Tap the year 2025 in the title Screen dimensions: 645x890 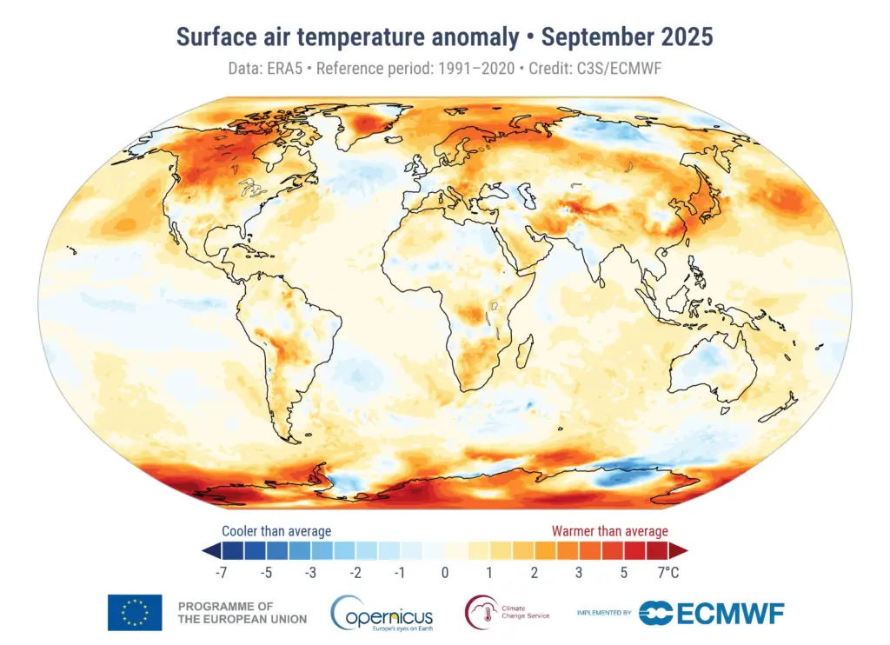click(683, 37)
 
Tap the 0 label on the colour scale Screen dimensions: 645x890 click(444, 572)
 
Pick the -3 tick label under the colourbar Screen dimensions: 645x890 click(310, 572)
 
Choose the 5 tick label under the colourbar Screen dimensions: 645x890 click(623, 572)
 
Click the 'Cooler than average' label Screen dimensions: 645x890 click(276, 530)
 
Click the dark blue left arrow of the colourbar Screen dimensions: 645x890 click(209, 550)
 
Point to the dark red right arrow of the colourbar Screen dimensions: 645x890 click(680, 550)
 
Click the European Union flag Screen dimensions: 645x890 click(135, 612)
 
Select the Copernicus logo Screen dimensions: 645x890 click(382, 613)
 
